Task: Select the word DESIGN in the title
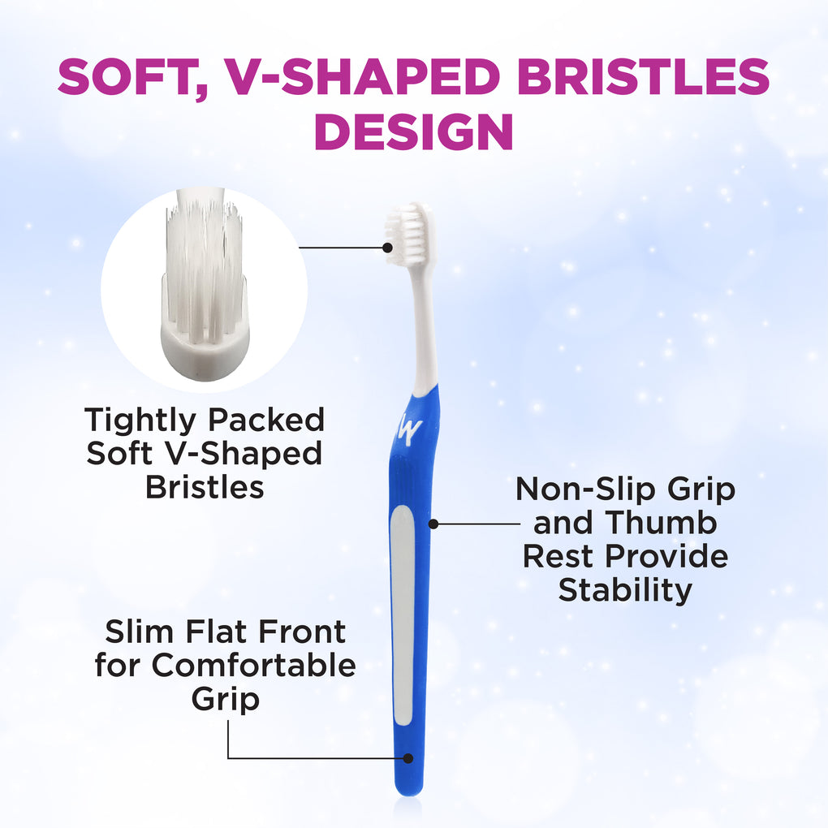click(414, 132)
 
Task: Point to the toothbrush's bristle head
click(408, 234)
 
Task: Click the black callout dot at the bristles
click(387, 247)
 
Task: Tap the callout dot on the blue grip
click(433, 524)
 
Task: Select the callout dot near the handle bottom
click(408, 758)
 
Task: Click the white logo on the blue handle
click(409, 430)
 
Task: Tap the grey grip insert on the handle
click(403, 615)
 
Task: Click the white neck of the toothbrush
click(424, 327)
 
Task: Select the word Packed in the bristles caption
click(266, 421)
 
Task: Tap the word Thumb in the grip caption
click(661, 523)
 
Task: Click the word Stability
click(625, 590)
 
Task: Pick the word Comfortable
click(253, 665)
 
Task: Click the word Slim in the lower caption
click(139, 632)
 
